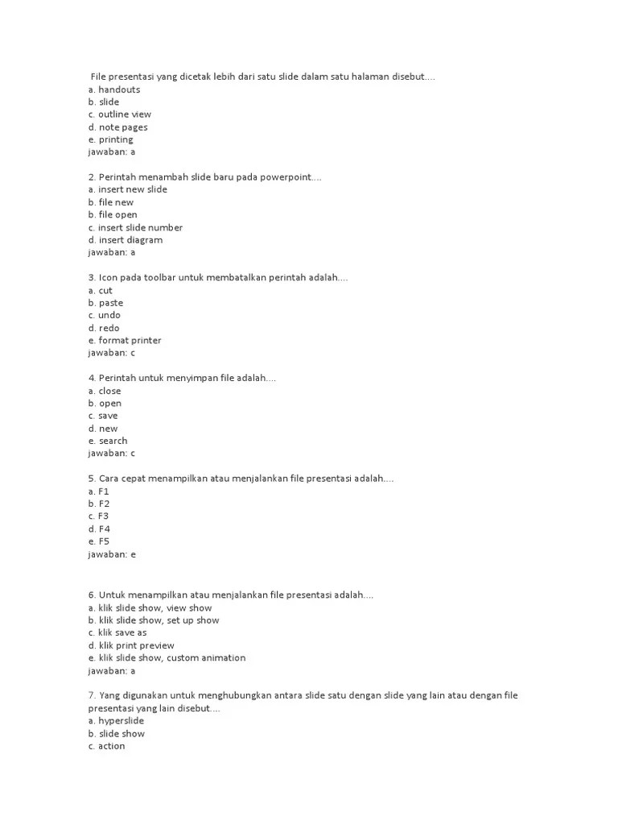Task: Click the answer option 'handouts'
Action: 118,89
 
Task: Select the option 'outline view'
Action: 124,114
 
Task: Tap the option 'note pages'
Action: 122,127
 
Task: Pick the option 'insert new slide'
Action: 133,189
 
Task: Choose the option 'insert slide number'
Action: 140,227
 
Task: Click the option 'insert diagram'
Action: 130,240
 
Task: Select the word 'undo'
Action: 109,315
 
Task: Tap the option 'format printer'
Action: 130,340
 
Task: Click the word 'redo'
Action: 109,328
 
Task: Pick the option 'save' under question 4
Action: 108,416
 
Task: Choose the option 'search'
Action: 113,441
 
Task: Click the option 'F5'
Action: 104,541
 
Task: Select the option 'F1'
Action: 103,491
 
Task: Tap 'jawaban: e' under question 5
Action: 112,554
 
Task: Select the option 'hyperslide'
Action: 121,721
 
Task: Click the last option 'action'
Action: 111,746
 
